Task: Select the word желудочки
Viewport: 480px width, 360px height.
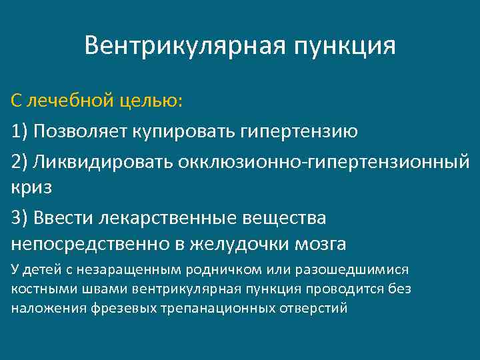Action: [233, 245]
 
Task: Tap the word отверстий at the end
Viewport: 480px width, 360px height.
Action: [317, 309]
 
